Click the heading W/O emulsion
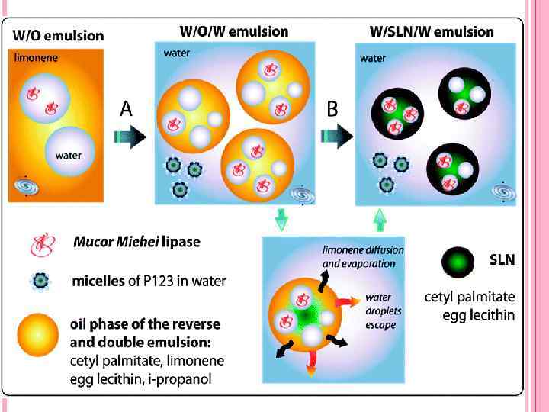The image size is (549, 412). point(58,35)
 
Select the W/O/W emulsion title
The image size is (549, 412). point(233,32)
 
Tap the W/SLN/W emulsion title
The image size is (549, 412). point(432,32)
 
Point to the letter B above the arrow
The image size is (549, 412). point(332,109)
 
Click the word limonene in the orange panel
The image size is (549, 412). point(35,57)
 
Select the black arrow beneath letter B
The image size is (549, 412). point(336,137)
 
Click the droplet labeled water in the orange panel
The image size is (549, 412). point(70,152)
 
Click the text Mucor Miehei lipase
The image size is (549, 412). point(136,243)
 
